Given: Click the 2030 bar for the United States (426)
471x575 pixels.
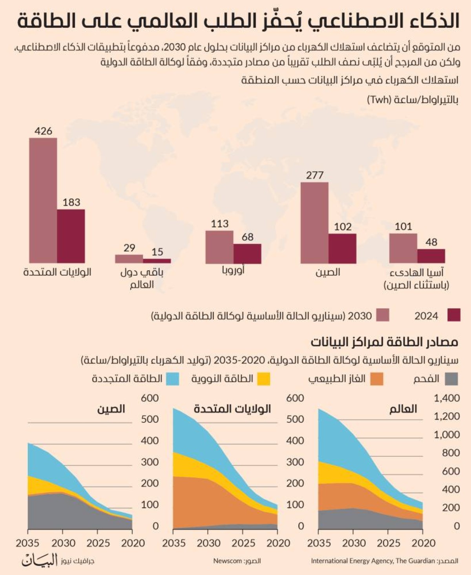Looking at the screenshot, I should [x=43, y=200].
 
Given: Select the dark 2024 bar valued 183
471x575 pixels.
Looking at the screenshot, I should [x=71, y=236].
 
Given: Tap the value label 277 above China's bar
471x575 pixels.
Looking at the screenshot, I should [x=315, y=175].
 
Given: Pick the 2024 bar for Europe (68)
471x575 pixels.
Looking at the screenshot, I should [x=247, y=253].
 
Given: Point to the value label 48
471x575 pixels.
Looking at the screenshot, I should [x=431, y=242].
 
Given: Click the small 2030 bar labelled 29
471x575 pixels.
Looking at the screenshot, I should [x=129, y=258].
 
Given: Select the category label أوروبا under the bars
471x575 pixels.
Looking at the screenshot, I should [x=233, y=270].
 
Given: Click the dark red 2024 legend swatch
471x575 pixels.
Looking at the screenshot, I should [x=454, y=315].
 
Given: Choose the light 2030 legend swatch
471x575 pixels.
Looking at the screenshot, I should [x=383, y=315].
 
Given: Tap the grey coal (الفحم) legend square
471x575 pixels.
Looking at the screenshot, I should [x=451, y=379].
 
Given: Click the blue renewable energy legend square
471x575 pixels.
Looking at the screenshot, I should [x=173, y=379].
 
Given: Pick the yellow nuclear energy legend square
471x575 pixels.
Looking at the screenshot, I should [x=264, y=379].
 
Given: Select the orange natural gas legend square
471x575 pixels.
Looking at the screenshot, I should [x=377, y=379].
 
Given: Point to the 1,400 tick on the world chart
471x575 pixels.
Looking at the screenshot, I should [x=447, y=398].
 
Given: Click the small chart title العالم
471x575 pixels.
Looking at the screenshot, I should [x=403, y=409].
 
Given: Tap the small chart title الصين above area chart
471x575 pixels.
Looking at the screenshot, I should [x=111, y=409].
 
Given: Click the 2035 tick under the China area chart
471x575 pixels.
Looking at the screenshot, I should [x=27, y=543].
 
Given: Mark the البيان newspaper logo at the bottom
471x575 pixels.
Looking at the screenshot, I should [x=39, y=560].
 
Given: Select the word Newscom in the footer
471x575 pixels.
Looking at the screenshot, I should [x=228, y=561].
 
